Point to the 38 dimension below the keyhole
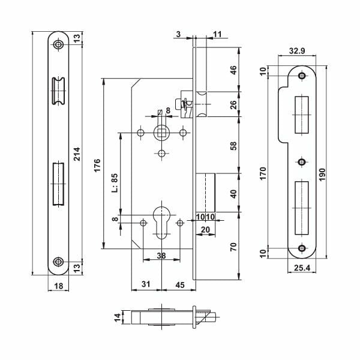pos(161,254)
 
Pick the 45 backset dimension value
pos(179,284)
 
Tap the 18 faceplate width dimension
pos(58,286)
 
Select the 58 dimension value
pos(234,145)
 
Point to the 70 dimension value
pos(234,245)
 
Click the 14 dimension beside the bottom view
pos(118,317)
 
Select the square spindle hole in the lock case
pos(161,131)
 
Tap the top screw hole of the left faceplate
pos(58,45)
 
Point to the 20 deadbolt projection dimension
pos(205,229)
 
